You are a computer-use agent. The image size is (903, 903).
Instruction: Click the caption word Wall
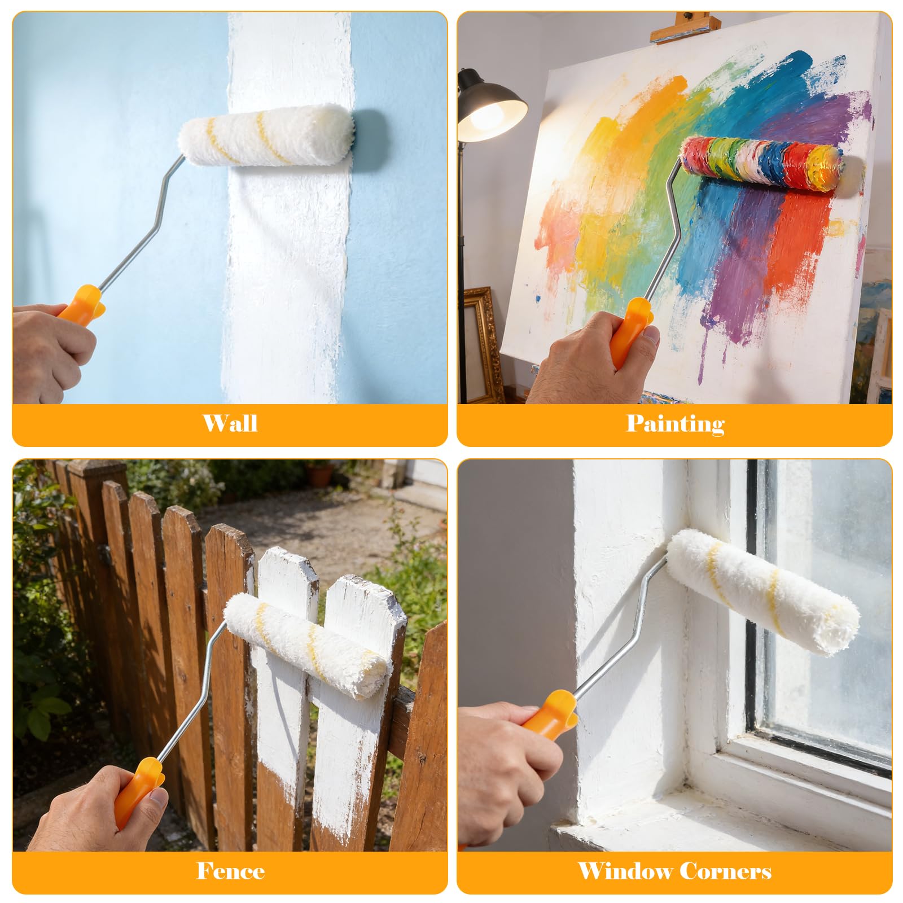(230, 423)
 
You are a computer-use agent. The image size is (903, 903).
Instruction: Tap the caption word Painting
(675, 424)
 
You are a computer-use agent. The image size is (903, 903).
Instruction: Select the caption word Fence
(230, 871)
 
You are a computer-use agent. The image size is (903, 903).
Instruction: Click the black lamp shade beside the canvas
(491, 107)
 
